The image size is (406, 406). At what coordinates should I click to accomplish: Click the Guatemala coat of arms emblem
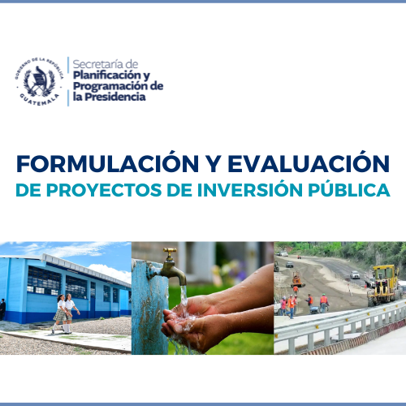point(39,81)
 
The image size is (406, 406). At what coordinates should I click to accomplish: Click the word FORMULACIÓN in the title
point(108,164)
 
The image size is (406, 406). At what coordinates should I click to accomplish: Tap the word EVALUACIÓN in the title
point(309,164)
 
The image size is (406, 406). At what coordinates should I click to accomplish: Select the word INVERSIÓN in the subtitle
point(249,190)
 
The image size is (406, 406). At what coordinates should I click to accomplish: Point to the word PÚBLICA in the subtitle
point(349,190)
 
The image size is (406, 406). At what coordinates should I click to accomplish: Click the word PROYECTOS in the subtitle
point(104,190)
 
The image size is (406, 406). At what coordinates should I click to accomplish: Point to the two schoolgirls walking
point(65,314)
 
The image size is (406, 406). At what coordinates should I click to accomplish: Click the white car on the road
point(355,274)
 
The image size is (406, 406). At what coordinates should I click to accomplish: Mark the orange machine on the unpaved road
point(297,280)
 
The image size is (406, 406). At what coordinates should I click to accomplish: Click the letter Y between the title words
point(214,164)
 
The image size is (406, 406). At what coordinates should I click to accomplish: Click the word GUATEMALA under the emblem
point(40,100)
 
